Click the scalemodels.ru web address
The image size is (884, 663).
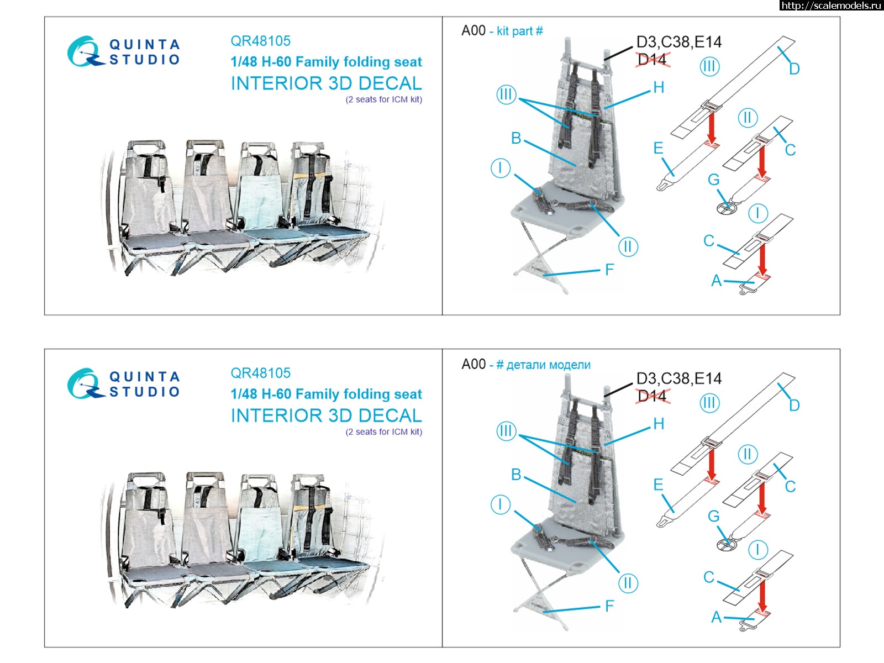click(831, 5)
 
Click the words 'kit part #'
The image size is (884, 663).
click(519, 31)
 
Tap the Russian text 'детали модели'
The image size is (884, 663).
click(548, 365)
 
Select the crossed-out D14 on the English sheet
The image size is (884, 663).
click(653, 60)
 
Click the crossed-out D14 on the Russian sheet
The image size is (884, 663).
click(653, 396)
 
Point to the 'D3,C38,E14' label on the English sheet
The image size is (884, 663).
click(679, 42)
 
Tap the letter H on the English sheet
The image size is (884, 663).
click(659, 87)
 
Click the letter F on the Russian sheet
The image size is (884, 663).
click(609, 606)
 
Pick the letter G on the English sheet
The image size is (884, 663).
click(714, 180)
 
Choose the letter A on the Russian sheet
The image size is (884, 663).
click(717, 617)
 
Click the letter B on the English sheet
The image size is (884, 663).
click(516, 138)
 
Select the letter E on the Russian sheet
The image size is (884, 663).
click(658, 485)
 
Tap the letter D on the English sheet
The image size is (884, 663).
click(794, 69)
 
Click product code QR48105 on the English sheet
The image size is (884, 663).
click(261, 41)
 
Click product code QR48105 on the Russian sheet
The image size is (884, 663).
click(261, 373)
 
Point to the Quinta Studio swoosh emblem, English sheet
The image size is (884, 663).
click(85, 51)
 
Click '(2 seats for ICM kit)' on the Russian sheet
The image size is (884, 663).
click(384, 432)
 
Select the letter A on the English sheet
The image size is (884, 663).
click(717, 281)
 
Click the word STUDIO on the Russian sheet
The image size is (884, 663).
click(145, 392)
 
